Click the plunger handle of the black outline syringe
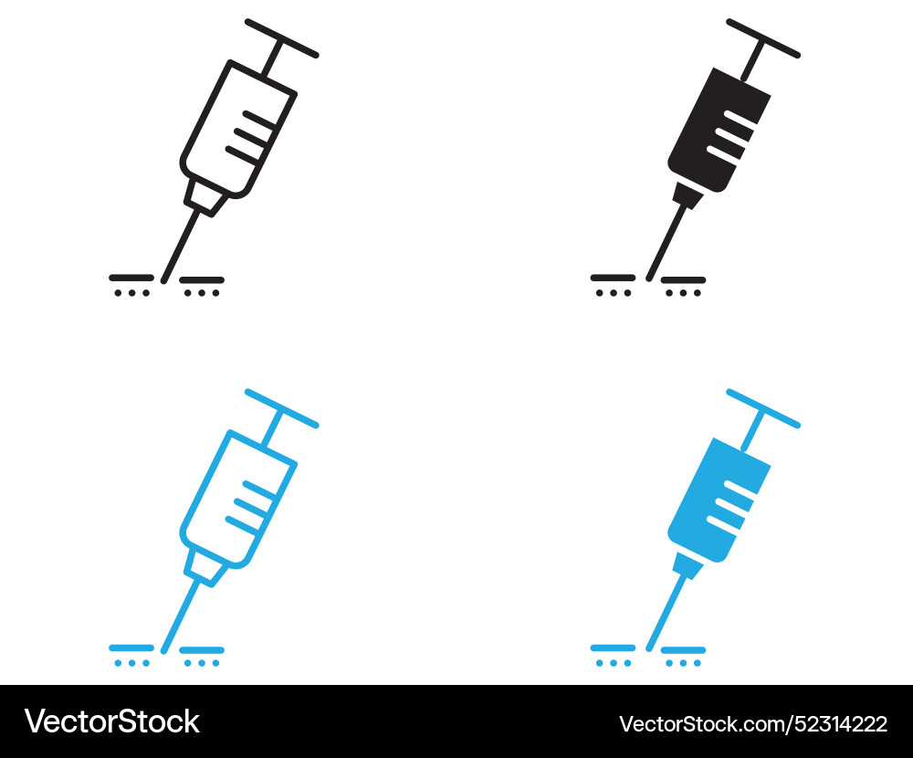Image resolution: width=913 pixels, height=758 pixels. [x=282, y=37]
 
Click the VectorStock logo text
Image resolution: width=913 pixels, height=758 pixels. [x=111, y=721]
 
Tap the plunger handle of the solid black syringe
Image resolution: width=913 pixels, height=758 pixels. [x=763, y=37]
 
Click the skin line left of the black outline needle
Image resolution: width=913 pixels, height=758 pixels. [x=131, y=277]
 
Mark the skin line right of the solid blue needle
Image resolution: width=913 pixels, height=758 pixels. [x=683, y=649]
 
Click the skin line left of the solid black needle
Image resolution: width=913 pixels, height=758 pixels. [x=613, y=277]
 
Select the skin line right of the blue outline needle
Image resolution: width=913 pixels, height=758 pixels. [x=202, y=649]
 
